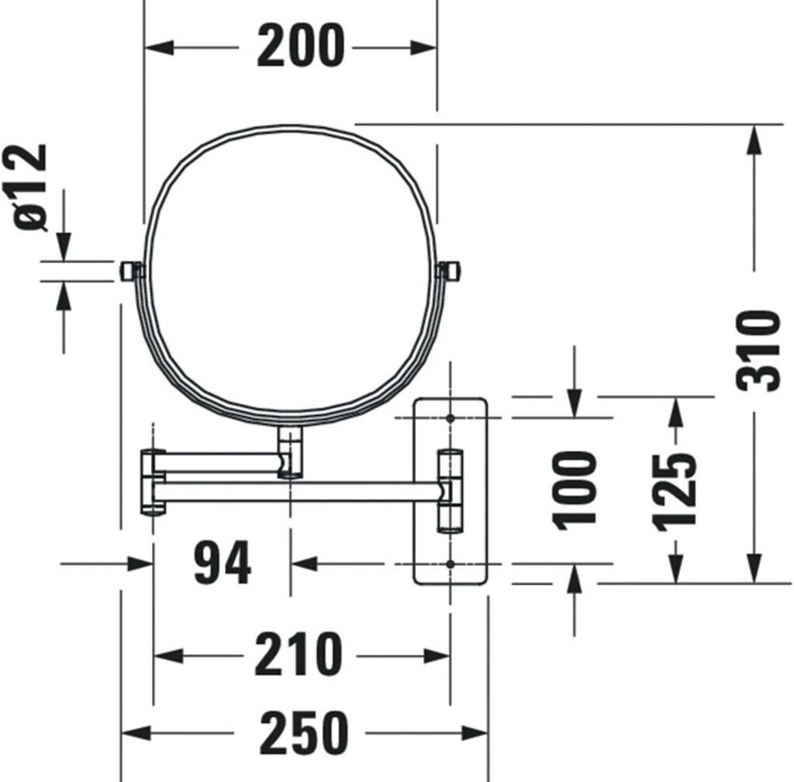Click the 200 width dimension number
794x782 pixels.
pos(301,46)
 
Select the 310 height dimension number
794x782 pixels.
pos(758,351)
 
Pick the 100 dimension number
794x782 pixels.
pos(575,490)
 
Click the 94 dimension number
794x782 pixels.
pos(222,562)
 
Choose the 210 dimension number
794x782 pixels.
pos(299,654)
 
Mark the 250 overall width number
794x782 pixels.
pos(304,733)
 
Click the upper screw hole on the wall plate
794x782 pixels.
pos(450,418)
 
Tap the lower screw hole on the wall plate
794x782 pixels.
pos(450,563)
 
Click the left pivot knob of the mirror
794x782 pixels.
pos(130,271)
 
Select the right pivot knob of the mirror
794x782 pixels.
pos(449,271)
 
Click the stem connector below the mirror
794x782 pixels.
pos(290,452)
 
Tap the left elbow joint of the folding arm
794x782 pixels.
pos(153,482)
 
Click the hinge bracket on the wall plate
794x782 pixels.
pos(451,491)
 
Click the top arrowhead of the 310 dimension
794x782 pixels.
pos(754,140)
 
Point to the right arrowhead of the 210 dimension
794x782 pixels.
pos(436,656)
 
